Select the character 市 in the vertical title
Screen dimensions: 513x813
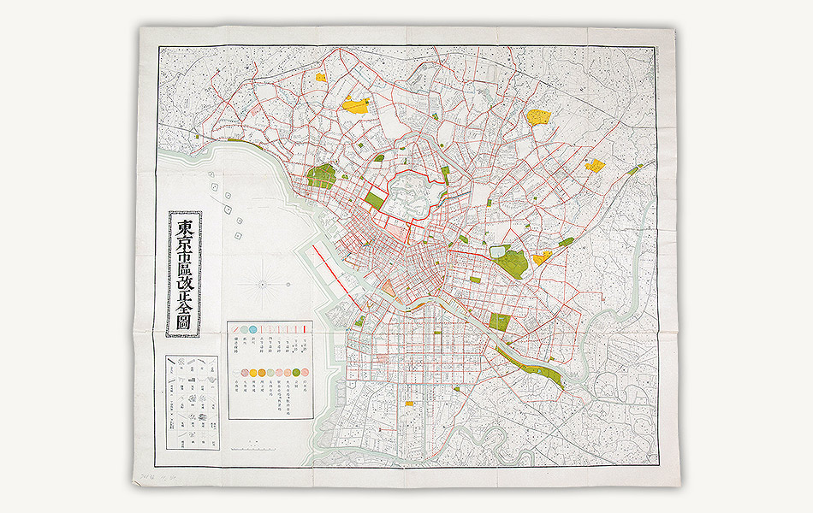184,257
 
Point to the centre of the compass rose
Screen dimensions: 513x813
261,282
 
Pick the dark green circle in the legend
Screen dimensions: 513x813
296,372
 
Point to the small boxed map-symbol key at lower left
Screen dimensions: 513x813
193,403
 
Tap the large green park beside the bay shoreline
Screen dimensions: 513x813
321,177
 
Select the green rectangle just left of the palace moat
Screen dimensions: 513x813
374,199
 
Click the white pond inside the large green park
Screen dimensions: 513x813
499,251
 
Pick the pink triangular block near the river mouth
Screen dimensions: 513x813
389,288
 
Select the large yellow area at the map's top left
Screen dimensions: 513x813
355,106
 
